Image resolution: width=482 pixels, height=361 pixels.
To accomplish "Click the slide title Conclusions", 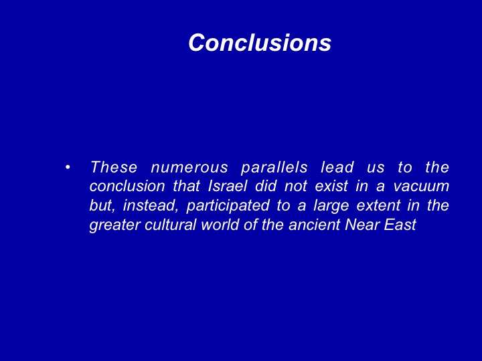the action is [x=260, y=42].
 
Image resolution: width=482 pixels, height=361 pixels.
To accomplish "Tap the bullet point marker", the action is [x=68, y=167].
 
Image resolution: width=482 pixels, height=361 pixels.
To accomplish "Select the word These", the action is [x=114, y=167].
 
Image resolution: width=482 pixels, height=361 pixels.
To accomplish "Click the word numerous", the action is [x=189, y=168].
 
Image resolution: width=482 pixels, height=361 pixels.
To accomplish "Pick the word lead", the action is [x=337, y=167].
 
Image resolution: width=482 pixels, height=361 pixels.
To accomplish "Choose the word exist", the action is [x=331, y=186].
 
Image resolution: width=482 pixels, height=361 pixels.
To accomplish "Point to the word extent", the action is [x=378, y=206].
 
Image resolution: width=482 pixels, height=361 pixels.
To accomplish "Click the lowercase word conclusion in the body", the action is [x=127, y=186].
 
